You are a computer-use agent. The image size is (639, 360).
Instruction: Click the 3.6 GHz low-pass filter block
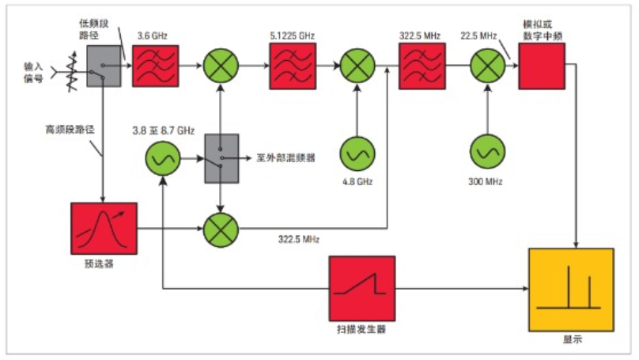click(x=155, y=66)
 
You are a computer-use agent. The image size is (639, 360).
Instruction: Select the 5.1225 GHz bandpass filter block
click(x=293, y=66)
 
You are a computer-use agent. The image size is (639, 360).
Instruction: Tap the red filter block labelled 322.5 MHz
click(x=422, y=66)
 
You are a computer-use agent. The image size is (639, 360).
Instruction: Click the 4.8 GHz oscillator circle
click(x=357, y=153)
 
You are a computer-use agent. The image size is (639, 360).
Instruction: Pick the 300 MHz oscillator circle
click(x=487, y=152)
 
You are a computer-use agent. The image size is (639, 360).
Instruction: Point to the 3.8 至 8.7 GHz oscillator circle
click(x=163, y=158)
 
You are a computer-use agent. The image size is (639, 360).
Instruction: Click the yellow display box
click(x=571, y=290)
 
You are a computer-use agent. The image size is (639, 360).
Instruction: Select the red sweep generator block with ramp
click(x=362, y=288)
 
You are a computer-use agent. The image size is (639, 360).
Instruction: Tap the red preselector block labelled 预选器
click(x=104, y=229)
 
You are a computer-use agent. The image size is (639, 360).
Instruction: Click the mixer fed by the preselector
click(x=221, y=229)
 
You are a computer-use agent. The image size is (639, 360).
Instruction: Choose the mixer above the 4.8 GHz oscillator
click(x=357, y=66)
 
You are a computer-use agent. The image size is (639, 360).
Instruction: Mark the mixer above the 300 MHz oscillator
click(x=487, y=66)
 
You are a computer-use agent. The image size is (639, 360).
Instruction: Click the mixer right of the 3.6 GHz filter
click(x=221, y=66)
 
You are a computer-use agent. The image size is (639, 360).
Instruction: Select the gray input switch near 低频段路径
click(x=104, y=66)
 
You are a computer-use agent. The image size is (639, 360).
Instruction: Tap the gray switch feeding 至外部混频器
click(x=221, y=158)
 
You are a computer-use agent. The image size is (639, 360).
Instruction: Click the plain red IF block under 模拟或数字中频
click(x=542, y=66)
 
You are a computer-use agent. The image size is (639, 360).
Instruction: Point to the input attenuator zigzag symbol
click(x=73, y=71)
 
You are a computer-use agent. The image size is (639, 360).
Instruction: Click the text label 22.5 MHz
click(x=478, y=36)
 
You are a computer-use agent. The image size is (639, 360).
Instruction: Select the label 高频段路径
click(x=70, y=130)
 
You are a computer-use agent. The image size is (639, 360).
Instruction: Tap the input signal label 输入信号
click(x=33, y=72)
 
